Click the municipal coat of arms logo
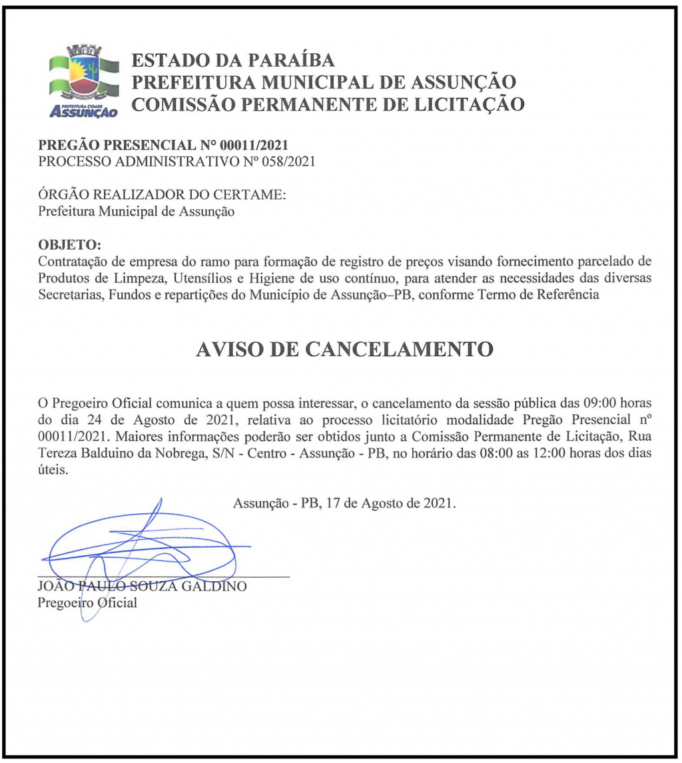point(84,81)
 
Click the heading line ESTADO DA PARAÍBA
point(233,61)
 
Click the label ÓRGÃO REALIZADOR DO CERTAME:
point(163,195)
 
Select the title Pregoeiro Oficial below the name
point(87,603)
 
